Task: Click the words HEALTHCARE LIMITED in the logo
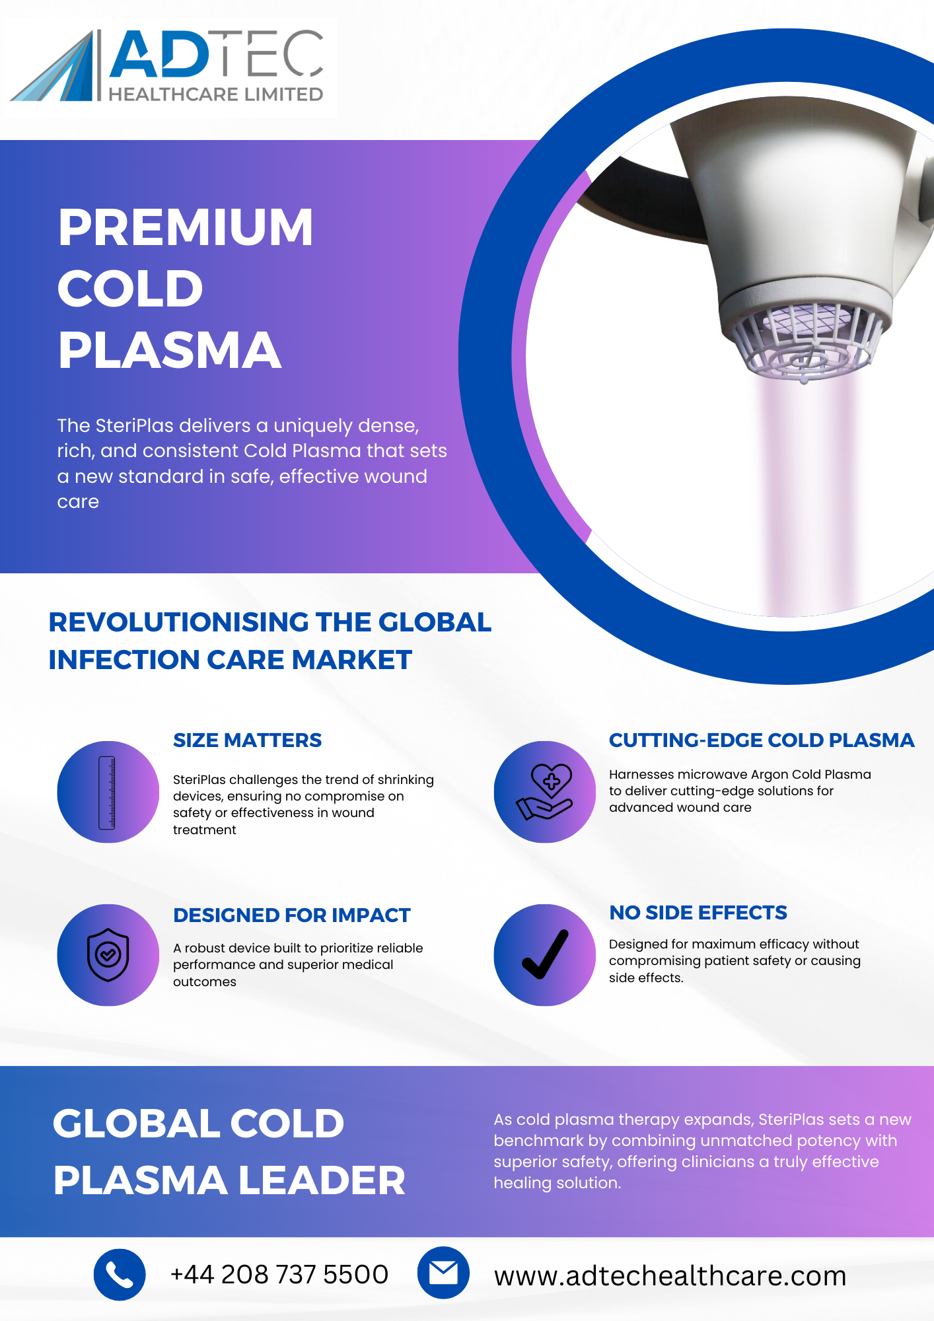tap(216, 94)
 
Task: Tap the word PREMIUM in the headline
tap(186, 227)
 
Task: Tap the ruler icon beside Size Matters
tap(107, 793)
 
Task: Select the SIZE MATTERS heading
tap(247, 740)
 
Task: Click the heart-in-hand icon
tap(545, 792)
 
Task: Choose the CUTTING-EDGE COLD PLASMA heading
tap(762, 740)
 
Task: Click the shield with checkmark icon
tap(108, 955)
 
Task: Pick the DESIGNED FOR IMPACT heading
tap(292, 915)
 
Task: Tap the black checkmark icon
tap(545, 954)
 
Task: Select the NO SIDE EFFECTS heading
tap(698, 913)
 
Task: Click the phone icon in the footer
tap(120, 1275)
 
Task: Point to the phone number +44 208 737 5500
tap(279, 1274)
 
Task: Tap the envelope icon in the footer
tap(443, 1273)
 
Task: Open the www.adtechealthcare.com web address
tap(670, 1275)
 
